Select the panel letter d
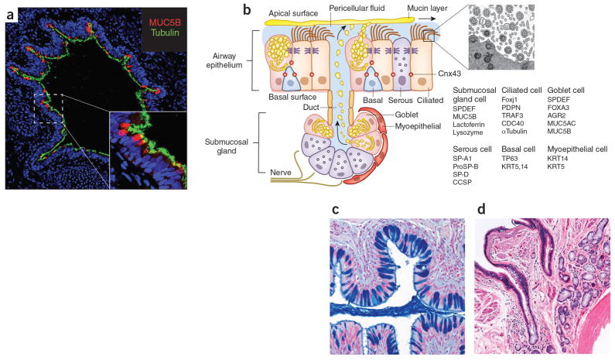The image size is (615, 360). (x=481, y=209)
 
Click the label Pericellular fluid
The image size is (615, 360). (x=357, y=8)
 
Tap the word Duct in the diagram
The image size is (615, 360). (x=311, y=107)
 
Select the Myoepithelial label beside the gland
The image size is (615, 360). (x=418, y=126)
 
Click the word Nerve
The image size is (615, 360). (x=281, y=173)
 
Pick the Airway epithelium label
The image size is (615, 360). (x=225, y=61)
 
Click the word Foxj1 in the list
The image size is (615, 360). (x=509, y=100)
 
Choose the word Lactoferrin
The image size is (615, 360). (x=469, y=125)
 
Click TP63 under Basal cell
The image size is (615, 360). (x=510, y=159)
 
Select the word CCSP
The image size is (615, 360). (x=462, y=182)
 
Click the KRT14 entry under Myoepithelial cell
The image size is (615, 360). (x=557, y=159)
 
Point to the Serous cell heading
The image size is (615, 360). (x=472, y=149)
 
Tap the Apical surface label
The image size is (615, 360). (x=293, y=13)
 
